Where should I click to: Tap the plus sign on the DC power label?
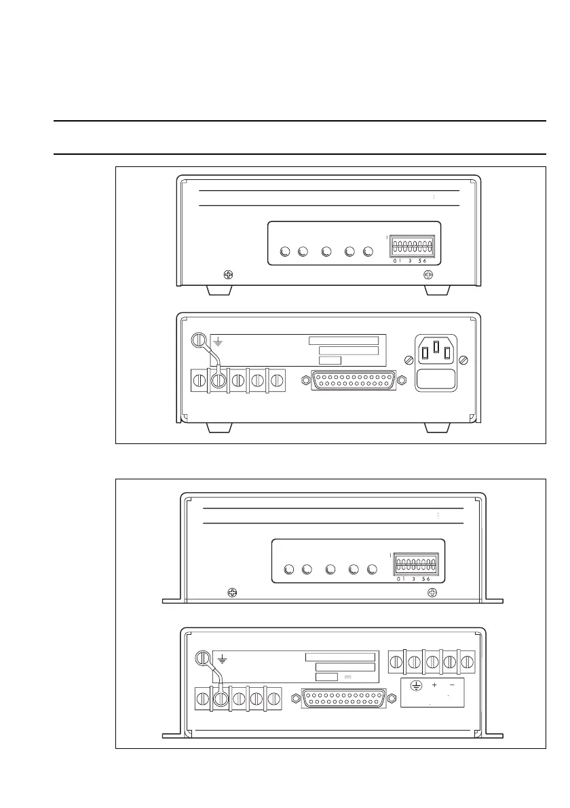(434, 684)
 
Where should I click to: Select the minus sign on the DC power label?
(452, 684)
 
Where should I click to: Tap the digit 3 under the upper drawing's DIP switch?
(410, 260)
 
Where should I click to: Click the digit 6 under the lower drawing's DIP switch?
(429, 579)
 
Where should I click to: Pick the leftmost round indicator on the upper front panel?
(285, 253)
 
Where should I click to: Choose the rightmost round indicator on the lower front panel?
(372, 570)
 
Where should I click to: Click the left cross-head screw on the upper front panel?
(229, 275)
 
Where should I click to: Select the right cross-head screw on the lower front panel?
(432, 593)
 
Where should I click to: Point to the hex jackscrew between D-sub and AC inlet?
(401, 380)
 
